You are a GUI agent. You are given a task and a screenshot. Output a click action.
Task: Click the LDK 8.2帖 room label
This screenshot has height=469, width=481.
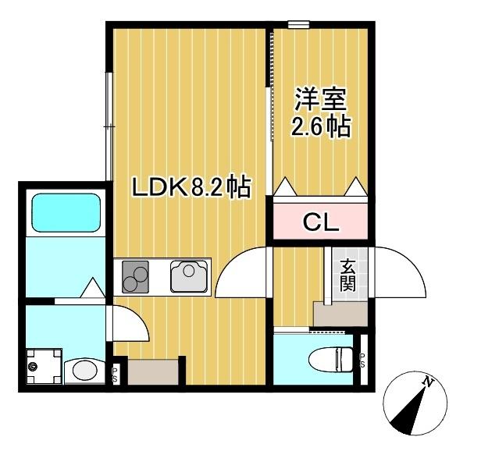190,187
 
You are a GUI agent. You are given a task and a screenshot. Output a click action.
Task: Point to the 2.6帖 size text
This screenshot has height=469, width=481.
321,126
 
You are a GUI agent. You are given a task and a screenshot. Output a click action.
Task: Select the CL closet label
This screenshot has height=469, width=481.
320,223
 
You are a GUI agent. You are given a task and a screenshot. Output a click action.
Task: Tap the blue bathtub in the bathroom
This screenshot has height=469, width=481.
65,211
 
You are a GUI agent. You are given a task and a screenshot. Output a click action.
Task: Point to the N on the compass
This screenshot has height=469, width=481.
427,382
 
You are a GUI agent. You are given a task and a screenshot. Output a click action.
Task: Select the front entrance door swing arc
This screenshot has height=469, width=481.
400,272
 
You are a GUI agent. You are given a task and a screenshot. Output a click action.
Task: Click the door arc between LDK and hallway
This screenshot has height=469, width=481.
244,273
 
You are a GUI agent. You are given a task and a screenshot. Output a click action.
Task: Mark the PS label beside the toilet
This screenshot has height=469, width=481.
362,360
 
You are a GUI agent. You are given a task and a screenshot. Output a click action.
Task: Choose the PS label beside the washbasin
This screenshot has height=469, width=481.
115,374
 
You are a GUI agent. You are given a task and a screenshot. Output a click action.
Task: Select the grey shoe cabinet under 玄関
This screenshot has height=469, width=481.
340,313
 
